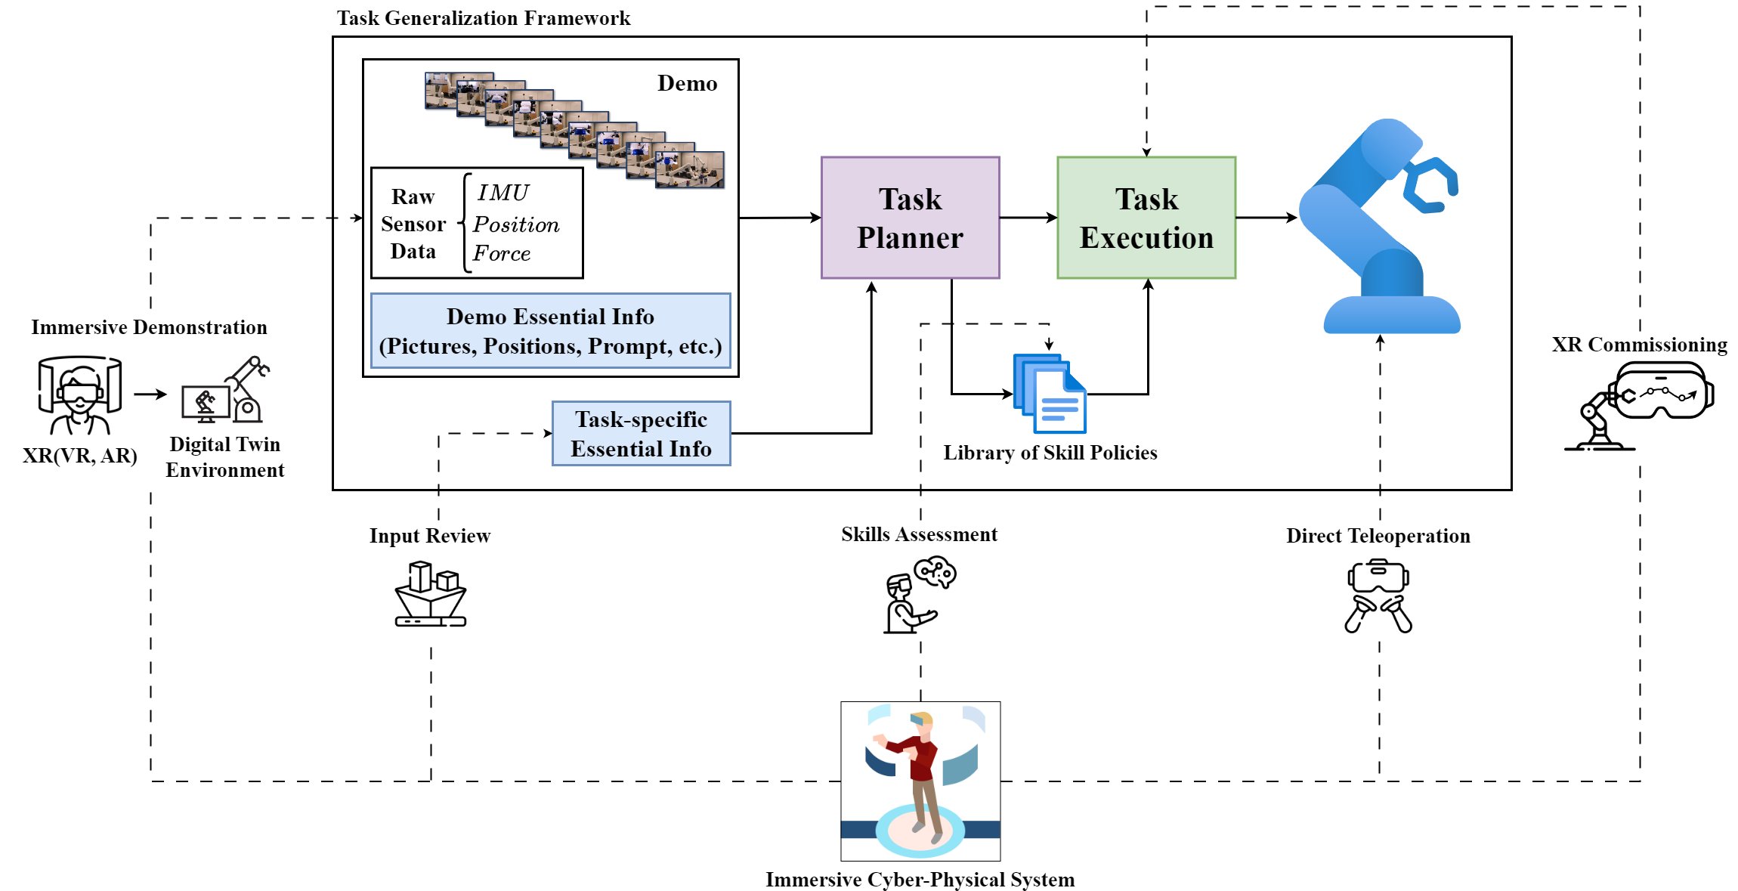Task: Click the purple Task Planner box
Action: coord(910,218)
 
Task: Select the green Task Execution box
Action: coord(1146,218)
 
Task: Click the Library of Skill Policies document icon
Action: coord(1050,393)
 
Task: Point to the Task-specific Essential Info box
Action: coord(641,433)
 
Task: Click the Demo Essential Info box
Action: coord(550,330)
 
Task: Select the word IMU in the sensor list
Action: coord(503,193)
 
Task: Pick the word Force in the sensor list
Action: coord(502,253)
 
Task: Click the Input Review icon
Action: coord(430,594)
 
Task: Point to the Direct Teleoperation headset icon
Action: coord(1378,596)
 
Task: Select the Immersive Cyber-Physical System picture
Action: coord(920,780)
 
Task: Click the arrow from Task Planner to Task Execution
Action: coord(1028,218)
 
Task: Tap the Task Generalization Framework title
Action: coord(484,18)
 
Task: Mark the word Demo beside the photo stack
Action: coord(687,83)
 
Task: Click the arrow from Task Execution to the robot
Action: coord(1266,218)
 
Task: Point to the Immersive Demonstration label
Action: coord(149,327)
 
